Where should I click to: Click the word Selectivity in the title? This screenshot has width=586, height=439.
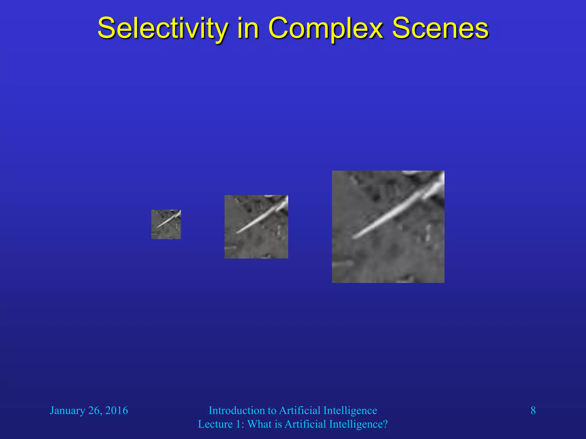pos(163,29)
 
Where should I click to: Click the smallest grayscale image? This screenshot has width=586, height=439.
pos(166,224)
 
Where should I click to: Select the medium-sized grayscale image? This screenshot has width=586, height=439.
pos(256,227)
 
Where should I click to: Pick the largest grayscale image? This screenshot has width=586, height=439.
pos(388,227)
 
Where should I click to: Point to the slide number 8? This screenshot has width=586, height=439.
pos(533,410)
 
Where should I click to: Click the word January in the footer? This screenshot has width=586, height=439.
pos(68,411)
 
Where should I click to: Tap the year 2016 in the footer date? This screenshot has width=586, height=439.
pos(116,410)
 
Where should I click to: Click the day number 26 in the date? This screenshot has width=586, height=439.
pos(94,410)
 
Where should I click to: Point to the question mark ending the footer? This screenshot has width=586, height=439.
pos(385,424)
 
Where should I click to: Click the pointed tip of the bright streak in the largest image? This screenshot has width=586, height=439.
pos(353,238)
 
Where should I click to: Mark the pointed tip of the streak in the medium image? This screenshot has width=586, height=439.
pos(237,233)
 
